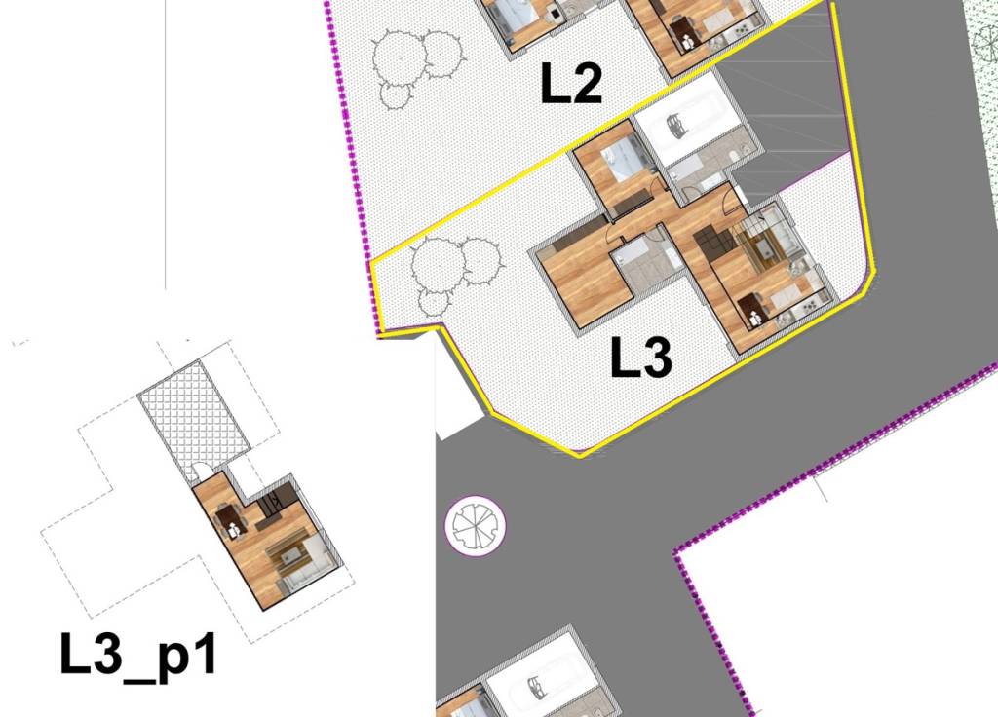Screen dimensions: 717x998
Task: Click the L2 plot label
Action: (572, 85)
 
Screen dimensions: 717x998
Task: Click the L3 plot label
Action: (641, 359)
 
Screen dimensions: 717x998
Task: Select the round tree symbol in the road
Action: (475, 526)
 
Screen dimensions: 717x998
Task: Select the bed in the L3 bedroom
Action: (623, 158)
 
